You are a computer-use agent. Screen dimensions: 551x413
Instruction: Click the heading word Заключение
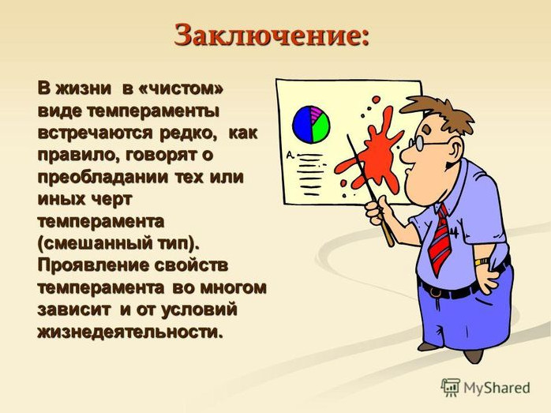point(272,36)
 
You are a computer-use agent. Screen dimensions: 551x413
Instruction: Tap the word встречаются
point(96,133)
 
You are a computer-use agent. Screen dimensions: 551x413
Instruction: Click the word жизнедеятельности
point(130,332)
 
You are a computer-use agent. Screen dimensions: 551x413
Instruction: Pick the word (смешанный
point(93,243)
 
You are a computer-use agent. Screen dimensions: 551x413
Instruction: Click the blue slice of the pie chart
point(302,124)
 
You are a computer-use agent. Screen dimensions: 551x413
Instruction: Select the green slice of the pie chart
point(320,129)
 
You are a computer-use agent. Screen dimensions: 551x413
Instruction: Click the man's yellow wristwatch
point(482,262)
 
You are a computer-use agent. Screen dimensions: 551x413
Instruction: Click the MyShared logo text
point(497,388)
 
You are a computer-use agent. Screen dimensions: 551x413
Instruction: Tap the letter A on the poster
point(290,154)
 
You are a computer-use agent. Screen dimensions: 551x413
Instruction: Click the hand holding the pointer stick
point(377,210)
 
